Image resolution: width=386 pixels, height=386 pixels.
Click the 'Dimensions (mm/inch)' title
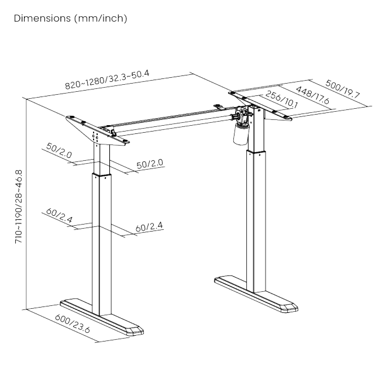pos(70,19)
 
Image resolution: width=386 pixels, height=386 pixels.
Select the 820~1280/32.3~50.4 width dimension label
pos(107,80)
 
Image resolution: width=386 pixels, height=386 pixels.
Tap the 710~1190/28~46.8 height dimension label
pos(19,206)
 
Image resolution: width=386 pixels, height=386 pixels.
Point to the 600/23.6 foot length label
pos(73,323)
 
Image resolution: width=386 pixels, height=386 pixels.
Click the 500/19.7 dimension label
pos(343,89)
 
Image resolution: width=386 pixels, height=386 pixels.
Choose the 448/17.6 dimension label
pos(312,95)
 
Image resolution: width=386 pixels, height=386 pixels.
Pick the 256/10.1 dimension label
pos(281,99)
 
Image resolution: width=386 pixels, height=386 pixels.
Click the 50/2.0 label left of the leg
pos(59,150)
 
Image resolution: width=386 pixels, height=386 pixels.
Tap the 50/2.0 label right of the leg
pos(150,164)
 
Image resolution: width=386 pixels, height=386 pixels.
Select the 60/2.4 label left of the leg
pos(59,215)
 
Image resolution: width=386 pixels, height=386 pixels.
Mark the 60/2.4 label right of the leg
pos(149,227)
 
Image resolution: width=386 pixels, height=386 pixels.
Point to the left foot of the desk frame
pos(102,318)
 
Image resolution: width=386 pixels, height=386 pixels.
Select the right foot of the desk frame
pos(256,294)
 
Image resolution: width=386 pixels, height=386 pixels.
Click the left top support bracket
pos(98,130)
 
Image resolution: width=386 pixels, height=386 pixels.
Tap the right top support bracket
pos(260,106)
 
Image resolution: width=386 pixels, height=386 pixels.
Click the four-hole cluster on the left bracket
pos(95,136)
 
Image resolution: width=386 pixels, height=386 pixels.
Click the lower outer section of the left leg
pos(102,244)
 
